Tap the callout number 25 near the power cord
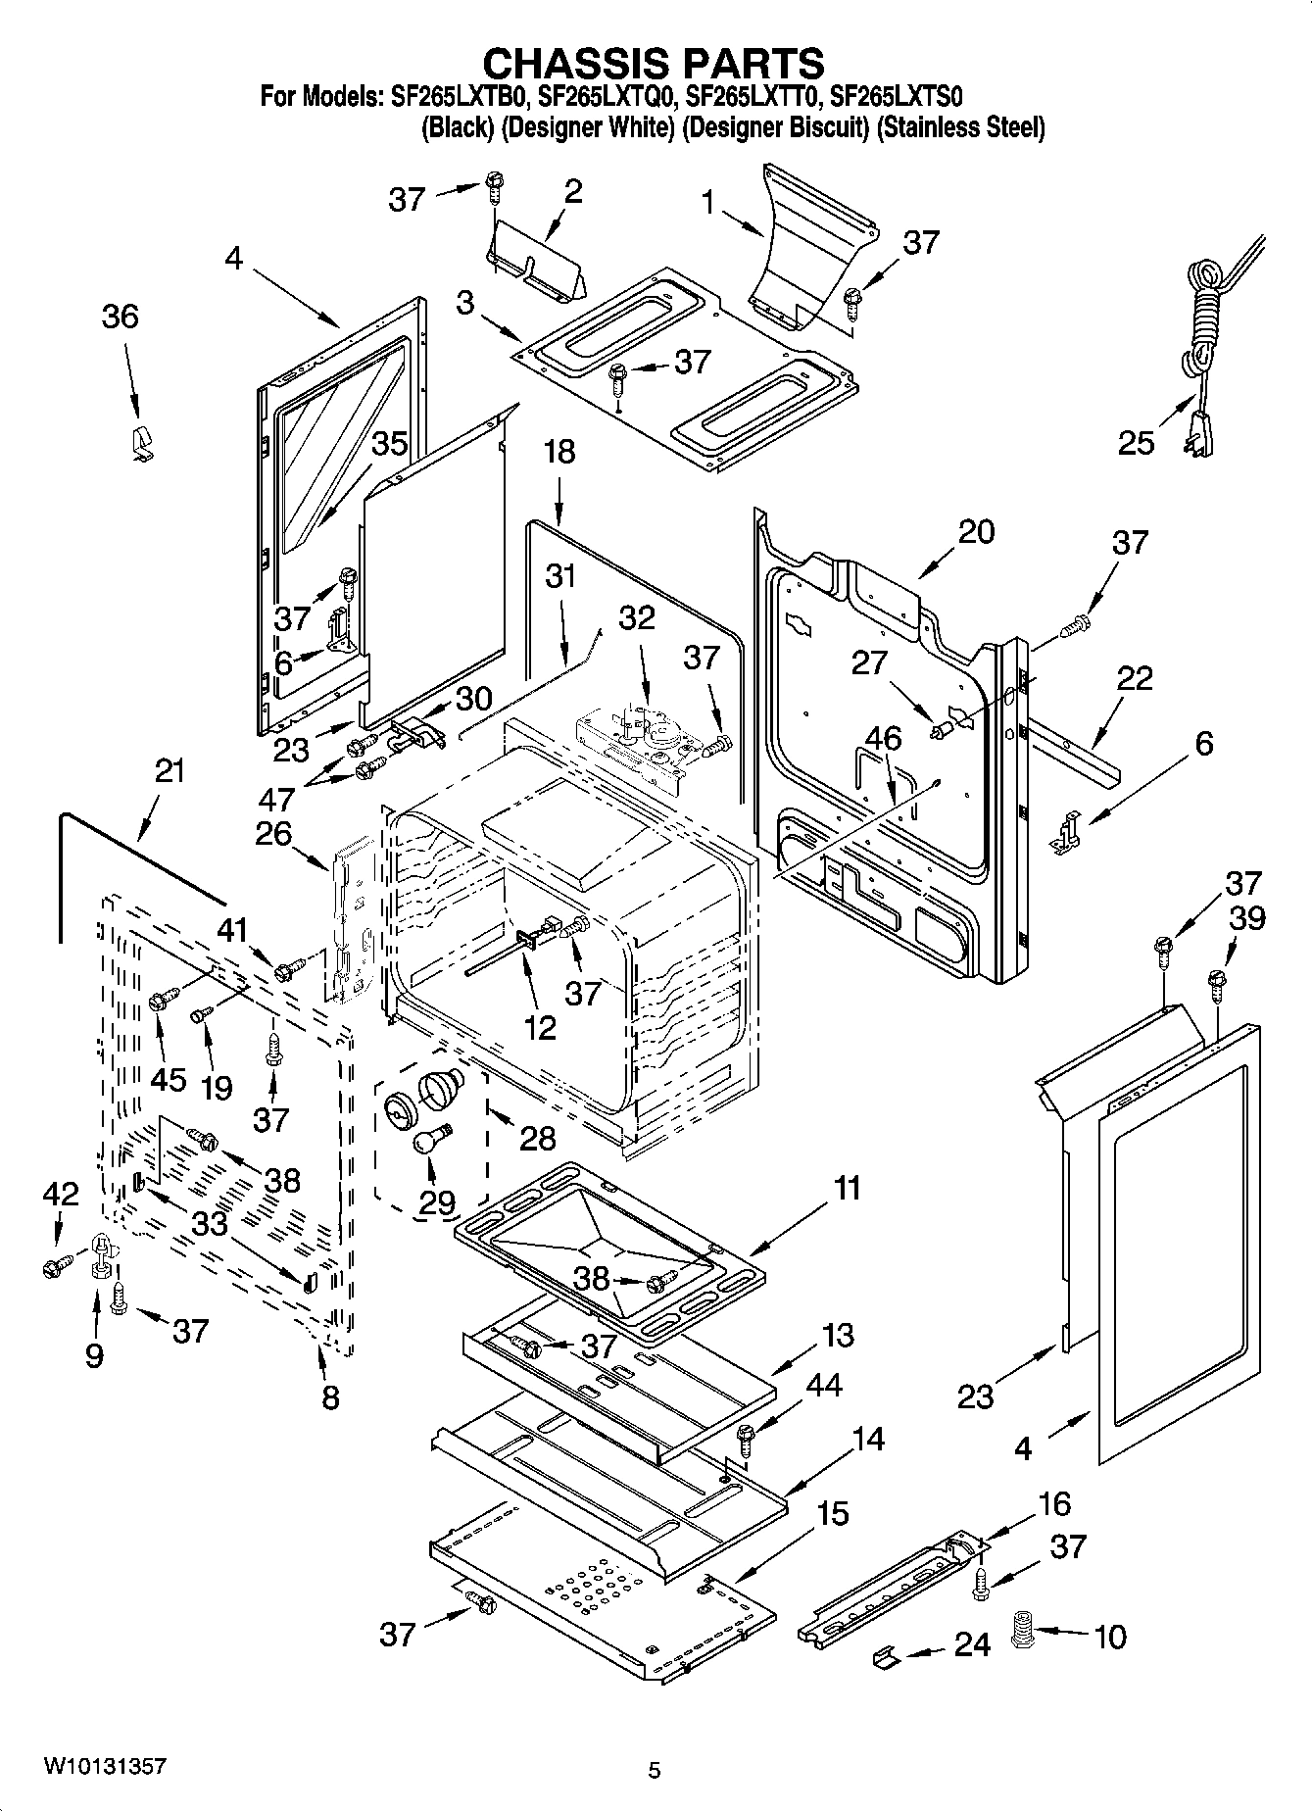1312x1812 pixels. tap(1136, 443)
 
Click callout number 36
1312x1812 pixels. tap(121, 317)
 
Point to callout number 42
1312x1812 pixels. tap(60, 1193)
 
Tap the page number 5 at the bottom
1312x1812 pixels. tap(655, 1770)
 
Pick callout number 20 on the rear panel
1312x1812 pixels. tap(976, 531)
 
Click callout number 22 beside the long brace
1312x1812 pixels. tap(1135, 677)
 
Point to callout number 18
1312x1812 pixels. tap(559, 452)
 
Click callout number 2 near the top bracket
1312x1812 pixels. tap(573, 191)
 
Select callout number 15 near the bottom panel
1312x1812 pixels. tap(832, 1513)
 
